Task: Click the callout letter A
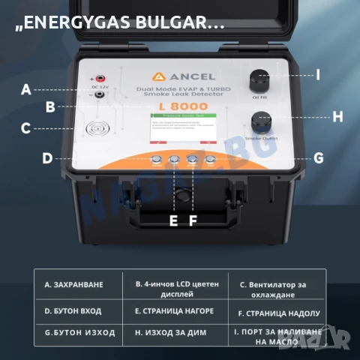(26, 89)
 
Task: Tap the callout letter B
(50, 106)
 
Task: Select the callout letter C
(25, 128)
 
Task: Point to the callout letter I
(317, 74)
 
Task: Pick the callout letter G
(318, 157)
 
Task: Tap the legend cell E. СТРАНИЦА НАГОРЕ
(174, 310)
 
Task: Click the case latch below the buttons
(181, 196)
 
